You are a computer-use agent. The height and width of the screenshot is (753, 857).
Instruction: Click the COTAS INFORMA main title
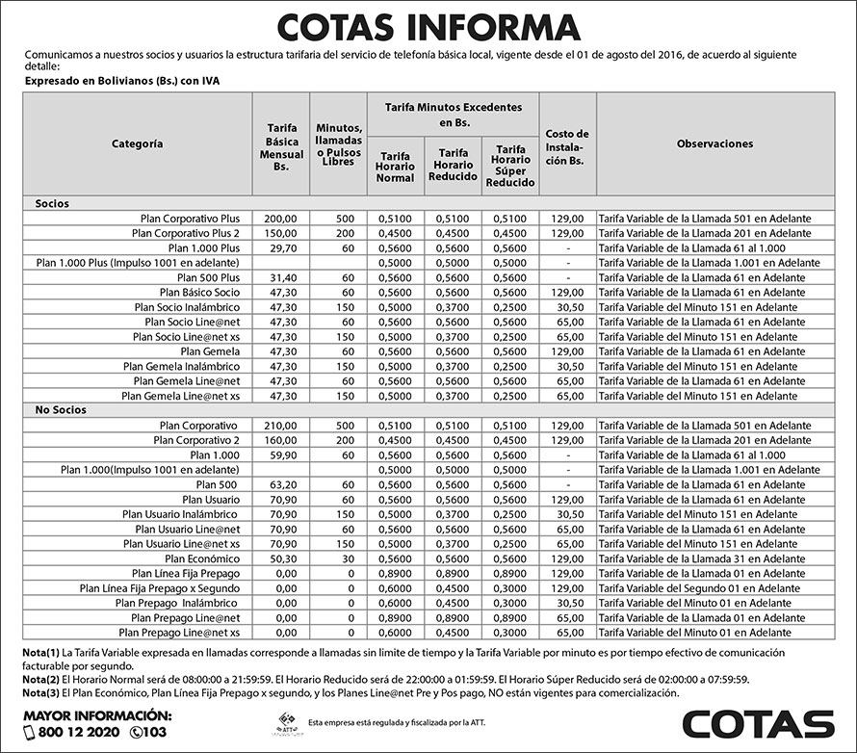428,26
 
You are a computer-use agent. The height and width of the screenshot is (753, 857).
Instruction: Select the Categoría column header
137,143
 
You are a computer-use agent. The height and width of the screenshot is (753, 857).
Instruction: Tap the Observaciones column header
714,143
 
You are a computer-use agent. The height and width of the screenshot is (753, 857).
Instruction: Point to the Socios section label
52,204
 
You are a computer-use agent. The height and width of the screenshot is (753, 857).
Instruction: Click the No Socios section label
62,410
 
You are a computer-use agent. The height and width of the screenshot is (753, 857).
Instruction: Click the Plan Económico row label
201,558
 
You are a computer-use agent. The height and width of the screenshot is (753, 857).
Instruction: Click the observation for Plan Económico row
703,558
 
